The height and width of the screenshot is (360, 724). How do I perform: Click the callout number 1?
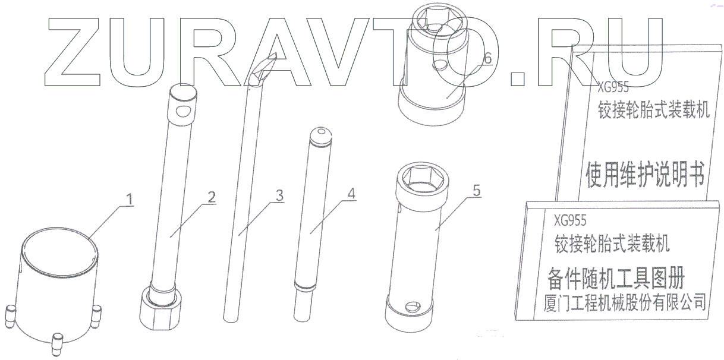coord(130,200)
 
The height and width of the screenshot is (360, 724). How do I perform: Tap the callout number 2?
coord(212,197)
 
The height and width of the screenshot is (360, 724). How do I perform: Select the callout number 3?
coord(279,195)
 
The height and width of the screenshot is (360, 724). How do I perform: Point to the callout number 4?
coord(351,193)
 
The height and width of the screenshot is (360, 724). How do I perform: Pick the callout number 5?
coord(477,191)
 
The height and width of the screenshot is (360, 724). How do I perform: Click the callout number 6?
coord(488,58)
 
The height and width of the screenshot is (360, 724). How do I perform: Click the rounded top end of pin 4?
coord(320,136)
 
